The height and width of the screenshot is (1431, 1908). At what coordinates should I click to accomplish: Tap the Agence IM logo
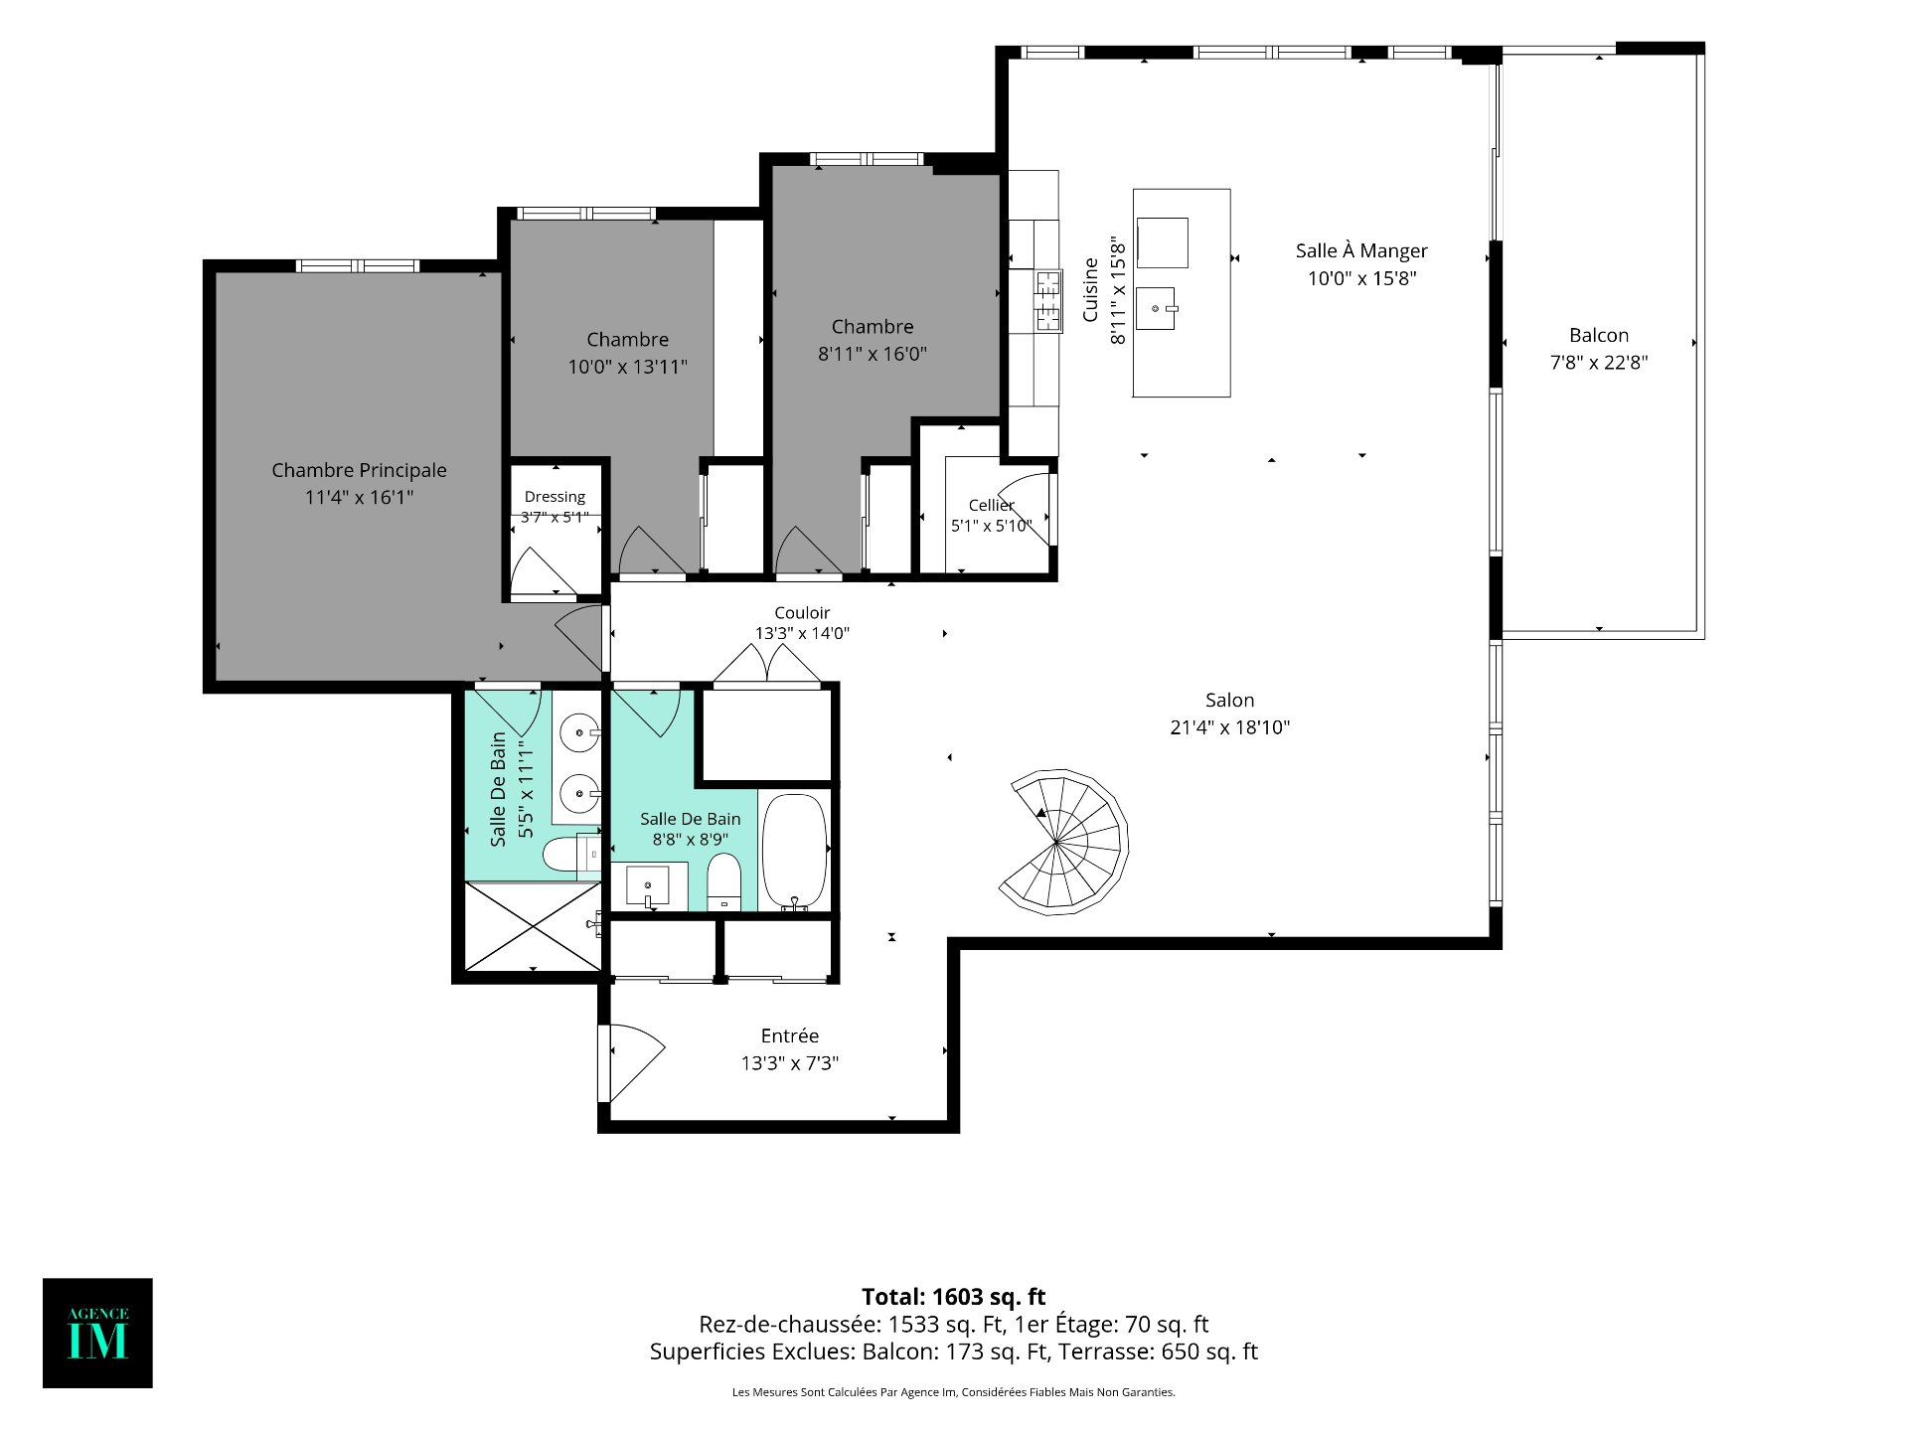tap(97, 1333)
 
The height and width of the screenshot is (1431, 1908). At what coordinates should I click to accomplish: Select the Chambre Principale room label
tap(359, 470)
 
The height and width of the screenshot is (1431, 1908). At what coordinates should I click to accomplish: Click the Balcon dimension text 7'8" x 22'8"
tap(1599, 363)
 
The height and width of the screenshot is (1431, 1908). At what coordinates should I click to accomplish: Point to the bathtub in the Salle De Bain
tap(794, 852)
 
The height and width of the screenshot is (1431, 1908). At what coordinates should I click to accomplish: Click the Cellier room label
tap(991, 505)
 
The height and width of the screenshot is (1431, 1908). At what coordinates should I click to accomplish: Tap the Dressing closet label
tap(555, 496)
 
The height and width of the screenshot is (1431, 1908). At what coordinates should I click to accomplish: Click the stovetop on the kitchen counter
tap(1047, 300)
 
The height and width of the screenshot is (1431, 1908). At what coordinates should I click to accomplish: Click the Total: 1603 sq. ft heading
tap(953, 1296)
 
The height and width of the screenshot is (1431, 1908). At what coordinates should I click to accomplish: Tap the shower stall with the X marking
tap(534, 927)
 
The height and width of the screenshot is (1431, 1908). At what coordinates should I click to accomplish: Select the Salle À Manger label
tap(1361, 250)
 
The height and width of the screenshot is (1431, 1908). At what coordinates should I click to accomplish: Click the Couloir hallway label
tap(802, 612)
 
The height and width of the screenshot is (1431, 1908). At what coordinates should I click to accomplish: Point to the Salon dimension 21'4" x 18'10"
tap(1229, 727)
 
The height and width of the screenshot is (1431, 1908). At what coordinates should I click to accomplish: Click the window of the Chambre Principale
tap(358, 265)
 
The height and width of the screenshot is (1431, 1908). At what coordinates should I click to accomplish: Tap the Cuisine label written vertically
tap(1090, 290)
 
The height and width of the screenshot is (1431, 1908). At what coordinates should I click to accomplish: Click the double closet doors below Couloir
tap(767, 665)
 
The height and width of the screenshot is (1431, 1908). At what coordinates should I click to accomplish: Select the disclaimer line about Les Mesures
tap(953, 1392)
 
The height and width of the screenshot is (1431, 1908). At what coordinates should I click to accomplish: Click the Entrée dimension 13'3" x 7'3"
tap(790, 1063)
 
